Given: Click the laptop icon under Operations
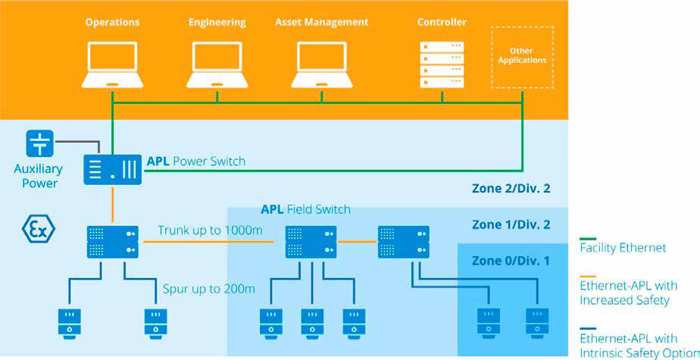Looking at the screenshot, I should tap(112, 64).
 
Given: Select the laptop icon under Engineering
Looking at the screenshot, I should tap(218, 64).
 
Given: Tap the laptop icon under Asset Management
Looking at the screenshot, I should tap(322, 64).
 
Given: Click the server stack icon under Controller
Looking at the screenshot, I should tap(442, 64).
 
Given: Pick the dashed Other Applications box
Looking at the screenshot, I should tap(522, 57).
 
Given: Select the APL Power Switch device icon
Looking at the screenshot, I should tap(112, 167).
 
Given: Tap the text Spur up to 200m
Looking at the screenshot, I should tap(209, 289).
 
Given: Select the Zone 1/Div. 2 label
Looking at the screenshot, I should tap(511, 224).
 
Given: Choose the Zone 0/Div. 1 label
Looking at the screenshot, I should tap(511, 261).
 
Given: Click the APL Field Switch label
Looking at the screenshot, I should tap(305, 209).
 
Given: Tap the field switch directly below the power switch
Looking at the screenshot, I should tap(112, 241).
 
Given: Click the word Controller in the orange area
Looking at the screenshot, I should tap(442, 22).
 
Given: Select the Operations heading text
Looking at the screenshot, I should tap(112, 22).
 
